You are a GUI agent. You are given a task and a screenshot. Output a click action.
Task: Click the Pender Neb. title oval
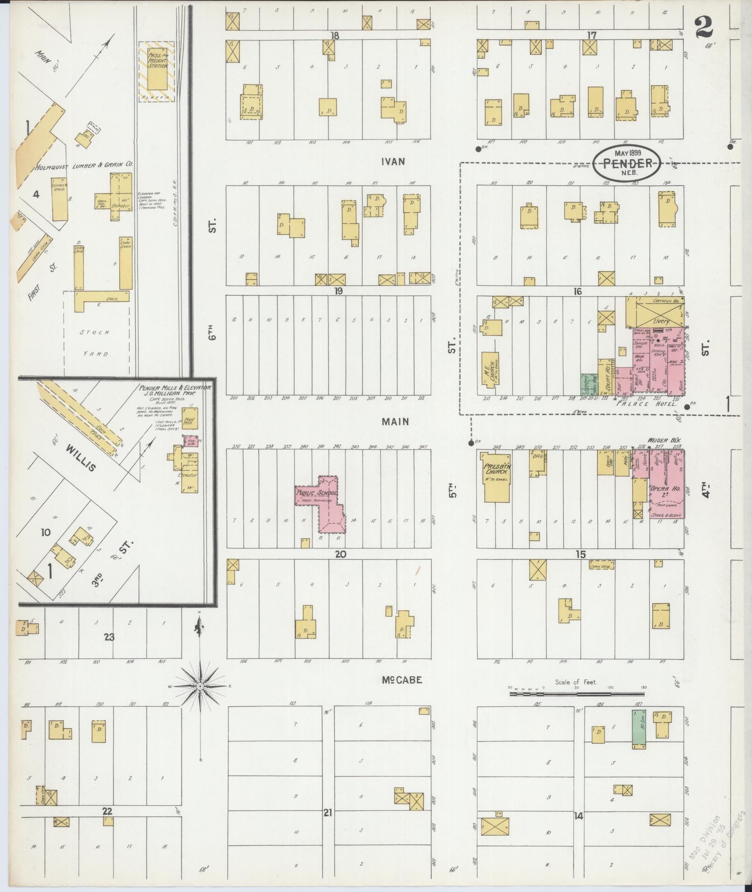(x=627, y=163)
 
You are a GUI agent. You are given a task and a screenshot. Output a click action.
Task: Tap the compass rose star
(x=200, y=686)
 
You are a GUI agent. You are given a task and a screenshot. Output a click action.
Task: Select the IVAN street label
(x=393, y=162)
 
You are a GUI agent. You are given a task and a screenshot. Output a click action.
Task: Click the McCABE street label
(x=402, y=680)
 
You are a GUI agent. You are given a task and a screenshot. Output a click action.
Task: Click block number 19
(x=338, y=291)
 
